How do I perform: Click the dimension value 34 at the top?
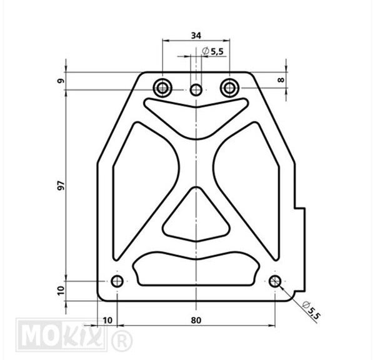(x=196, y=36)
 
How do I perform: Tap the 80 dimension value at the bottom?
(x=196, y=320)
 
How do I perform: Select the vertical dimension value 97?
(x=61, y=186)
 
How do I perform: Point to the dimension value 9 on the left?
(x=61, y=81)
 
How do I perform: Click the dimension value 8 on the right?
(x=281, y=79)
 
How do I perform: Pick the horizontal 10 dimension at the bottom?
(x=107, y=320)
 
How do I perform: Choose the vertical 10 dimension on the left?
(x=61, y=291)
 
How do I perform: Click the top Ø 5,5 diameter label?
(x=212, y=51)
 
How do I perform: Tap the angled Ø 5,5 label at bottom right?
(x=311, y=310)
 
